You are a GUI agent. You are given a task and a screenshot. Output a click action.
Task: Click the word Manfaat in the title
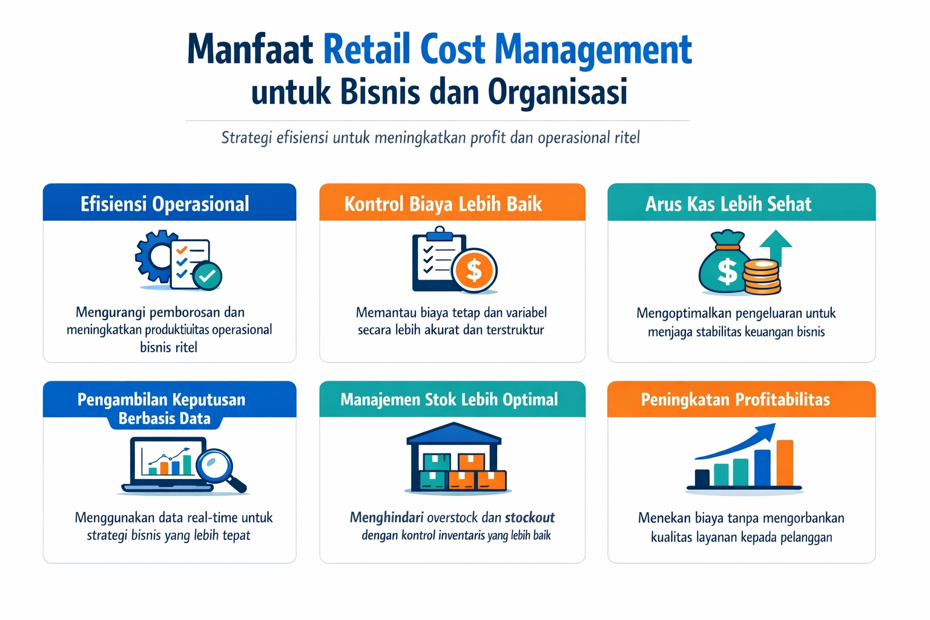[x=249, y=50]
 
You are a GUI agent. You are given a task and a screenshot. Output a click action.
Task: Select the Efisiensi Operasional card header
[x=165, y=204]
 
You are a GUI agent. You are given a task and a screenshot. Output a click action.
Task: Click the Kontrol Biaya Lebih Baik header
[x=443, y=204]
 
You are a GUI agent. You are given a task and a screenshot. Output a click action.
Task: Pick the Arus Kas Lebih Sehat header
[x=728, y=204]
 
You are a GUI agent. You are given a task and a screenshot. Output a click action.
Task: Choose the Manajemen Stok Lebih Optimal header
[x=449, y=400]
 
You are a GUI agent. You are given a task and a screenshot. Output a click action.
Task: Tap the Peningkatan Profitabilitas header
[x=735, y=400]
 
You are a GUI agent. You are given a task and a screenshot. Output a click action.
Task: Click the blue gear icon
[x=155, y=256]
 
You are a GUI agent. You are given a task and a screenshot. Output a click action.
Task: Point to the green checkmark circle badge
[x=208, y=276]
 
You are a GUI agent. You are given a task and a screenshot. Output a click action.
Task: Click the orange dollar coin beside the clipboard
[x=475, y=270]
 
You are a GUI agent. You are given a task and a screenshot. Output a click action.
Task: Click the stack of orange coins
[x=762, y=277]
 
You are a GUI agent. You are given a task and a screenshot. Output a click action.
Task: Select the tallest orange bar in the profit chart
[x=785, y=463]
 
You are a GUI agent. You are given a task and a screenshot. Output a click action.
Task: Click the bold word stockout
[x=530, y=518]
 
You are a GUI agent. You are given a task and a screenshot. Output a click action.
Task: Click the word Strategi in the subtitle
[x=246, y=138]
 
